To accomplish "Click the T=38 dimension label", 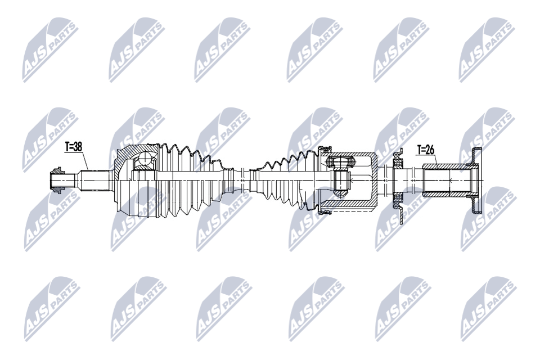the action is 74,147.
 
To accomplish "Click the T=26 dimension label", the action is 426,150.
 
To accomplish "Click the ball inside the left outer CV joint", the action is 145,159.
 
